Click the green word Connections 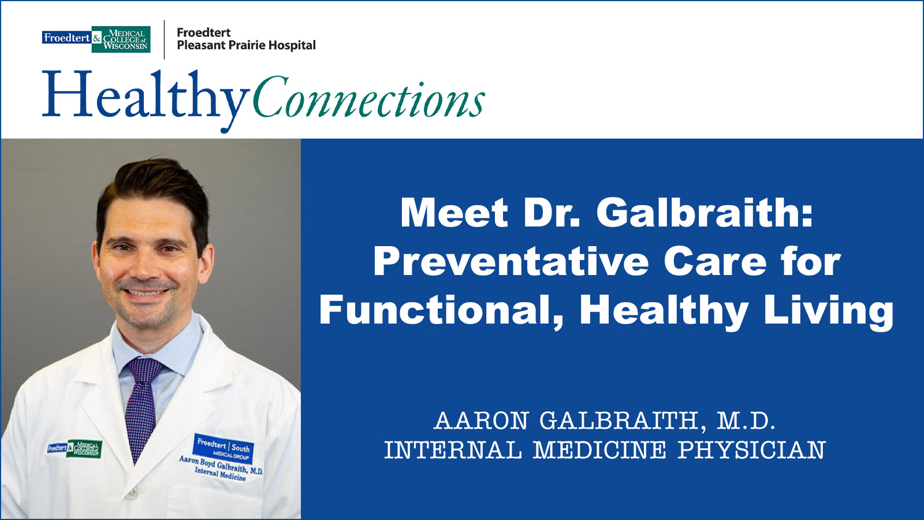[368, 99]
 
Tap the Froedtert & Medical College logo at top [96, 39]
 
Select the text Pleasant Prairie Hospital [246, 46]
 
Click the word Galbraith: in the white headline [704, 213]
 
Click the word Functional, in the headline [441, 310]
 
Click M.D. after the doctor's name [746, 421]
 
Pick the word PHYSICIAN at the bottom [751, 451]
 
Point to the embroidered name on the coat [221, 466]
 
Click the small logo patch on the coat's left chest [74, 448]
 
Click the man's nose [144, 267]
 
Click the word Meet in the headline [454, 213]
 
